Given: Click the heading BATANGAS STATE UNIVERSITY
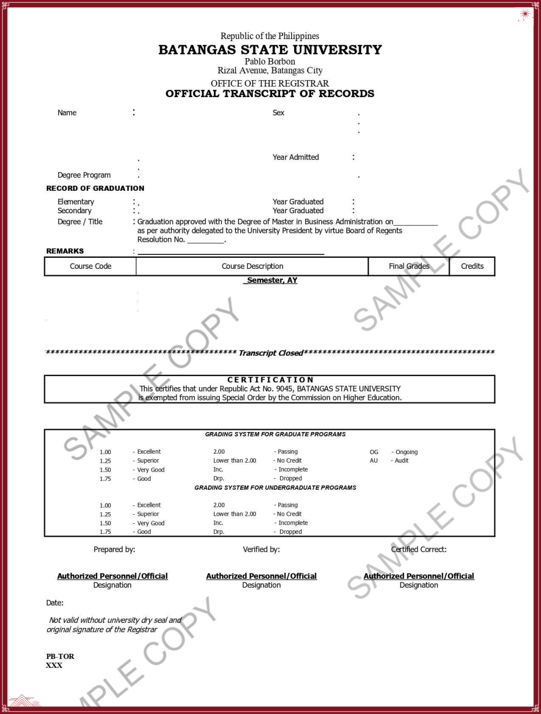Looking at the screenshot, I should point(270,50).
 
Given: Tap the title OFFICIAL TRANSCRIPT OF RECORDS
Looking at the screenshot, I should point(270,94).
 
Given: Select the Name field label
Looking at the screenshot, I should point(67,113).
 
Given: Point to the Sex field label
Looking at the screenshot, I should point(279,113).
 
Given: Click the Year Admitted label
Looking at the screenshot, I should point(296,157).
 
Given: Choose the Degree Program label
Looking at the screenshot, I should point(84,175).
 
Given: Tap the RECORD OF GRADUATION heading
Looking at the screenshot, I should point(95,188).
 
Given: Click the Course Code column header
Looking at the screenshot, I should point(91,266).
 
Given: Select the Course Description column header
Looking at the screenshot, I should point(252,266).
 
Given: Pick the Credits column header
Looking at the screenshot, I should point(472,266).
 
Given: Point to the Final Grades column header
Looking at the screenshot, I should point(409,266).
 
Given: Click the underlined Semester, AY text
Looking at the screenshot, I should point(272,280).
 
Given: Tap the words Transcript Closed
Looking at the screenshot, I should point(271,353).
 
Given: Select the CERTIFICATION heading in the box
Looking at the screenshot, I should point(270,380).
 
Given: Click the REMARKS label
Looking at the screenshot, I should point(65,251).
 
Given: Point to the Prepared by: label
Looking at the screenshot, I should point(114,549).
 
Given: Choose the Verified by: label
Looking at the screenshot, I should point(261,549).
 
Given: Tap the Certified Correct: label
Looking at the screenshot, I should point(419,549).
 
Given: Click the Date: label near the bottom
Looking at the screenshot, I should point(55,603).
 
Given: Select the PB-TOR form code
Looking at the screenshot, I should point(60,656).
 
